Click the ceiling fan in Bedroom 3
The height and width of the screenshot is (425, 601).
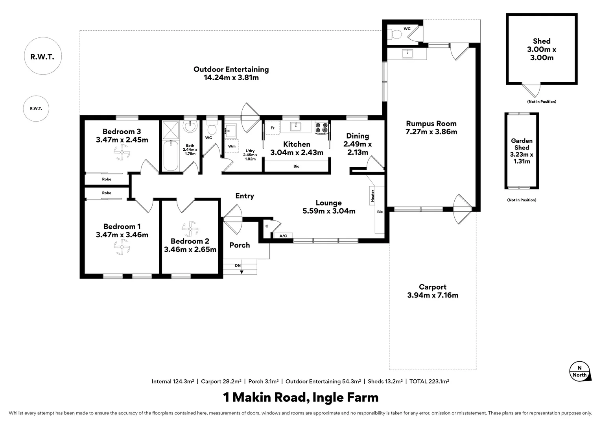tap(122, 152)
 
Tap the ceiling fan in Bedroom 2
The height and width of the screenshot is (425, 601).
tap(190, 229)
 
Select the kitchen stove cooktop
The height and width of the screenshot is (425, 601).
tap(321, 128)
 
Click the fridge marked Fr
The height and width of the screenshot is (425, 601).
tap(272, 128)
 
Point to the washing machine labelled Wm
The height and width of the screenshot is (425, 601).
tap(232, 146)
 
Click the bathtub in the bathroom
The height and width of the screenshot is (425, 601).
tap(171, 155)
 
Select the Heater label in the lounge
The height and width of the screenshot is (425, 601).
tap(372, 196)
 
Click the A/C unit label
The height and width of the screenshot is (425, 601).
tap(283, 236)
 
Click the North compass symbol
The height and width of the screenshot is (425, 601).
tap(580, 372)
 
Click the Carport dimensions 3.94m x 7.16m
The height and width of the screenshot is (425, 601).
tap(433, 295)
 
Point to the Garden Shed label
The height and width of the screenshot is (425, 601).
tap(522, 144)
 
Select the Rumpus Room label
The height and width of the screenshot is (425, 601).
tap(431, 124)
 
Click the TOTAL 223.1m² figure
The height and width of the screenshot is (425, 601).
tap(429, 381)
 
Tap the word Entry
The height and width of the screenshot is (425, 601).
tap(245, 196)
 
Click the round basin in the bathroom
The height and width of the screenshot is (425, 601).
tap(190, 126)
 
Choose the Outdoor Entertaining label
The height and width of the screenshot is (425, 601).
tap(231, 69)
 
